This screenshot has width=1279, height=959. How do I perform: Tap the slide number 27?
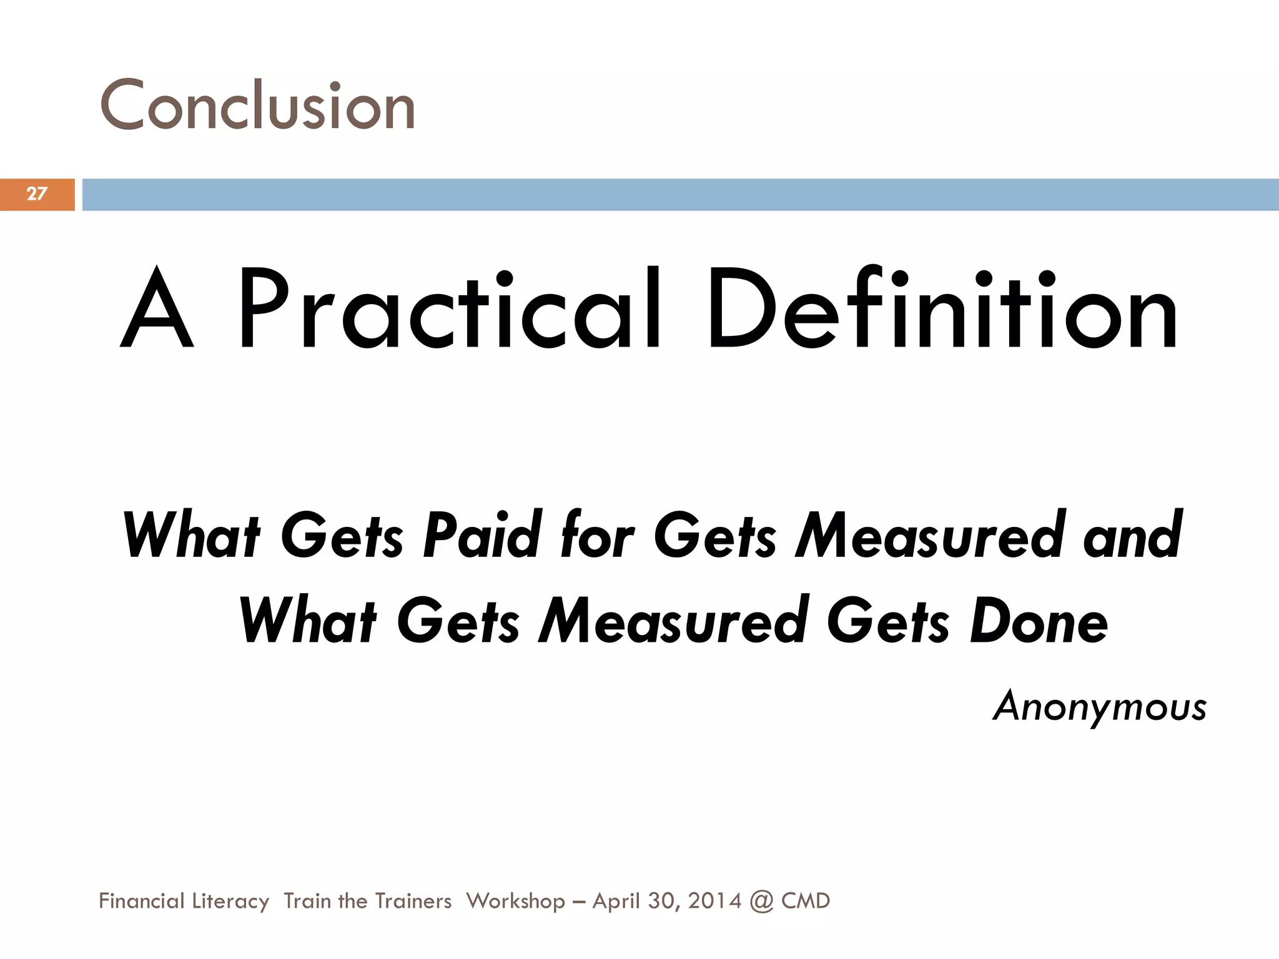(37, 194)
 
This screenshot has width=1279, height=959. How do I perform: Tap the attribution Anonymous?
(1100, 707)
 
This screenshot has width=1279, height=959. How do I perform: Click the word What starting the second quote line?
(307, 621)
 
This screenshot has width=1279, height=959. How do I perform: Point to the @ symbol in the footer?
(761, 901)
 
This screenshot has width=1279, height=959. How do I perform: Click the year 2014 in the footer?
(714, 901)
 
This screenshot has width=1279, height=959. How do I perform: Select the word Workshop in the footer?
(515, 901)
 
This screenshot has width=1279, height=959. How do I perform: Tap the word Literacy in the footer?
(230, 901)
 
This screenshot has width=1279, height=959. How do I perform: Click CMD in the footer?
(806, 901)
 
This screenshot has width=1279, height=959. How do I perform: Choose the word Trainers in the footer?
(413, 901)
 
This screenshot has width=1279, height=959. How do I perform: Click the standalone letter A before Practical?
(157, 309)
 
